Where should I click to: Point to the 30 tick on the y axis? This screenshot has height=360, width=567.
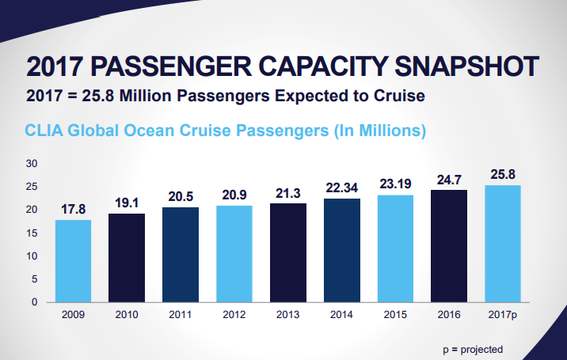[32, 164]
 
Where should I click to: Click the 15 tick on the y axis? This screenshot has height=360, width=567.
[32, 233]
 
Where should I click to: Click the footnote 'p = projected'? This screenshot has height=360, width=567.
[472, 349]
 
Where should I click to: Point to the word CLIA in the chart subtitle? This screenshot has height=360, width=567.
[45, 129]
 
